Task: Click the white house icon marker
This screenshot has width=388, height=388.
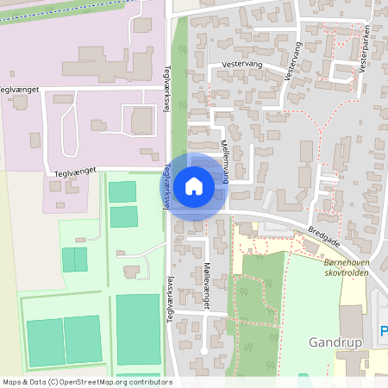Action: tap(194, 185)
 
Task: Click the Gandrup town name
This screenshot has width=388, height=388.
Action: tap(333, 342)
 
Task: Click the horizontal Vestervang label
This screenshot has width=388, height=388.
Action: tap(241, 64)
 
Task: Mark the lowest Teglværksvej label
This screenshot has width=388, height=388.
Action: tap(170, 297)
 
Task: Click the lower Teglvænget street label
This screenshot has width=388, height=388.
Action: tap(72, 172)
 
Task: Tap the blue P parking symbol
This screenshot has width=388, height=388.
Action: tap(384, 330)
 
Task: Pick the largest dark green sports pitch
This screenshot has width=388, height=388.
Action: tap(138, 329)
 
